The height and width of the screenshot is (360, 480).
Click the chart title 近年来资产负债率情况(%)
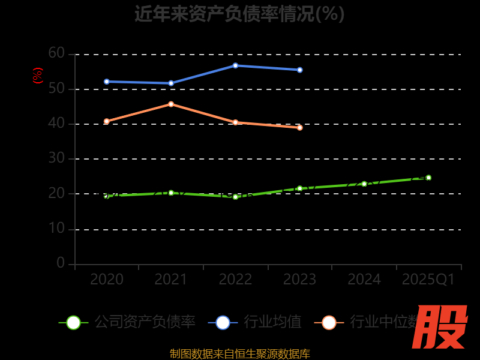239,13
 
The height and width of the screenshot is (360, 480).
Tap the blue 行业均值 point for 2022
235,65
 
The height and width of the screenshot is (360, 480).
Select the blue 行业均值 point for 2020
107,82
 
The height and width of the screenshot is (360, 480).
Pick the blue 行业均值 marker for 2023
299,70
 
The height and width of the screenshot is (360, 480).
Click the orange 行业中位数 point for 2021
171,104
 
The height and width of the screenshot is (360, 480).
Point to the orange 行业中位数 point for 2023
299,127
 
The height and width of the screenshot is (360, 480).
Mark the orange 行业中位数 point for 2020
107,121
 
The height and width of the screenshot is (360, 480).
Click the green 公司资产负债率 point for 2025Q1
428,178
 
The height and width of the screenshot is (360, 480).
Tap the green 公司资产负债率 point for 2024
364,184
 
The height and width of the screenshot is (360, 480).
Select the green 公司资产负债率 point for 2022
235,197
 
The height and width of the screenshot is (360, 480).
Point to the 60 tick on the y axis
56,53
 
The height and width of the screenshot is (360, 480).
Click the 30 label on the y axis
56,158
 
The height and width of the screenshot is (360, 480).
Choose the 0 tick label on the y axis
61,263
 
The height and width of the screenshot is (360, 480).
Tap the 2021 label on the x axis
171,280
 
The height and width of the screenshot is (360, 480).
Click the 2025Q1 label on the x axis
428,280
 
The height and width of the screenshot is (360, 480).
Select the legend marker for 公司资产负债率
73,322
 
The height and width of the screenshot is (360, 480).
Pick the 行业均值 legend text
273,322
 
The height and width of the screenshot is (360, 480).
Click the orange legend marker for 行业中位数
329,322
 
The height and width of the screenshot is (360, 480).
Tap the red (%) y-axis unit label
38,76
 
